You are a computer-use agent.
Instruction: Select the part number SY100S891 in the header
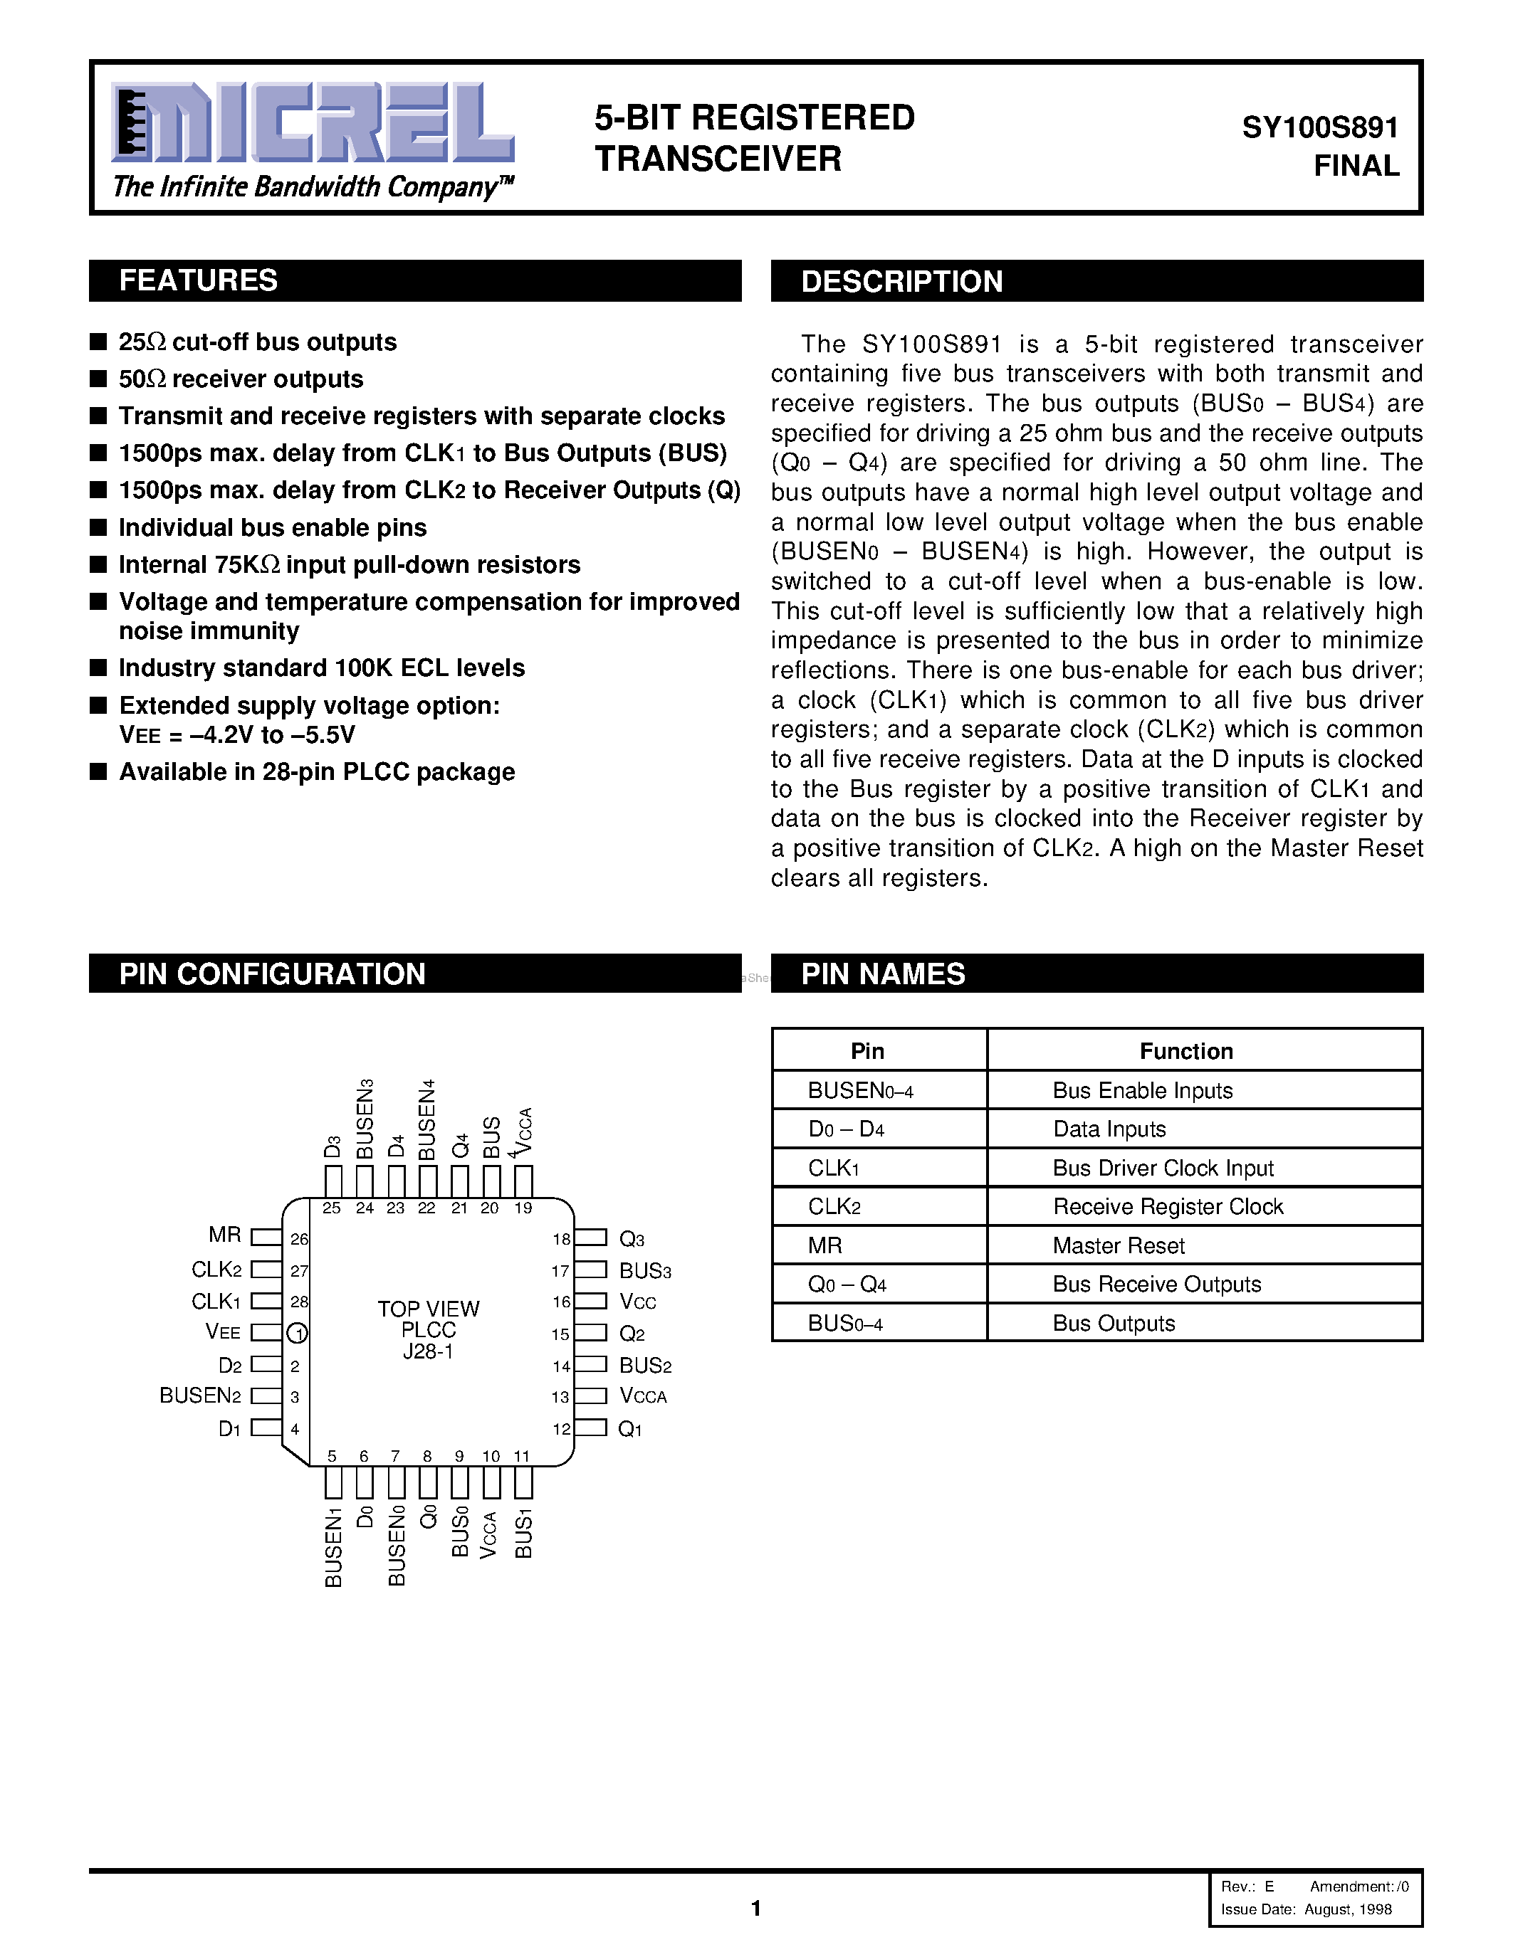[1319, 128]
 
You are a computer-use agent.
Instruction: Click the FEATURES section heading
[198, 280]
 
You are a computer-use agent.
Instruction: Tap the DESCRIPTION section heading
[901, 281]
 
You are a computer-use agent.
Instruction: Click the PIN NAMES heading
[883, 974]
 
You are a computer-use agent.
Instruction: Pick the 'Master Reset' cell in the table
[1119, 1245]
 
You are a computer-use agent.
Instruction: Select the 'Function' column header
[1186, 1051]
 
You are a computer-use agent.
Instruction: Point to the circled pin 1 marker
[298, 1334]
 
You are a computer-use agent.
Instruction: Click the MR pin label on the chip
[225, 1235]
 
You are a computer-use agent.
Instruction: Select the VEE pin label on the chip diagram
[223, 1332]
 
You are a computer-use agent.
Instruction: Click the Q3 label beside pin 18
[632, 1239]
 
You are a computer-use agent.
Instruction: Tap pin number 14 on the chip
[561, 1366]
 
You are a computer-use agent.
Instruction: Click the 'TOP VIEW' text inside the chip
[429, 1309]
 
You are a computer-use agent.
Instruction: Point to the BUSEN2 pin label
[201, 1396]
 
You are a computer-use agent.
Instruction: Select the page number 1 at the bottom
[755, 1909]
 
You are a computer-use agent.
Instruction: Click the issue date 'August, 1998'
[1347, 1909]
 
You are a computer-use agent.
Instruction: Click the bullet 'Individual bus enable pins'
[273, 528]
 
